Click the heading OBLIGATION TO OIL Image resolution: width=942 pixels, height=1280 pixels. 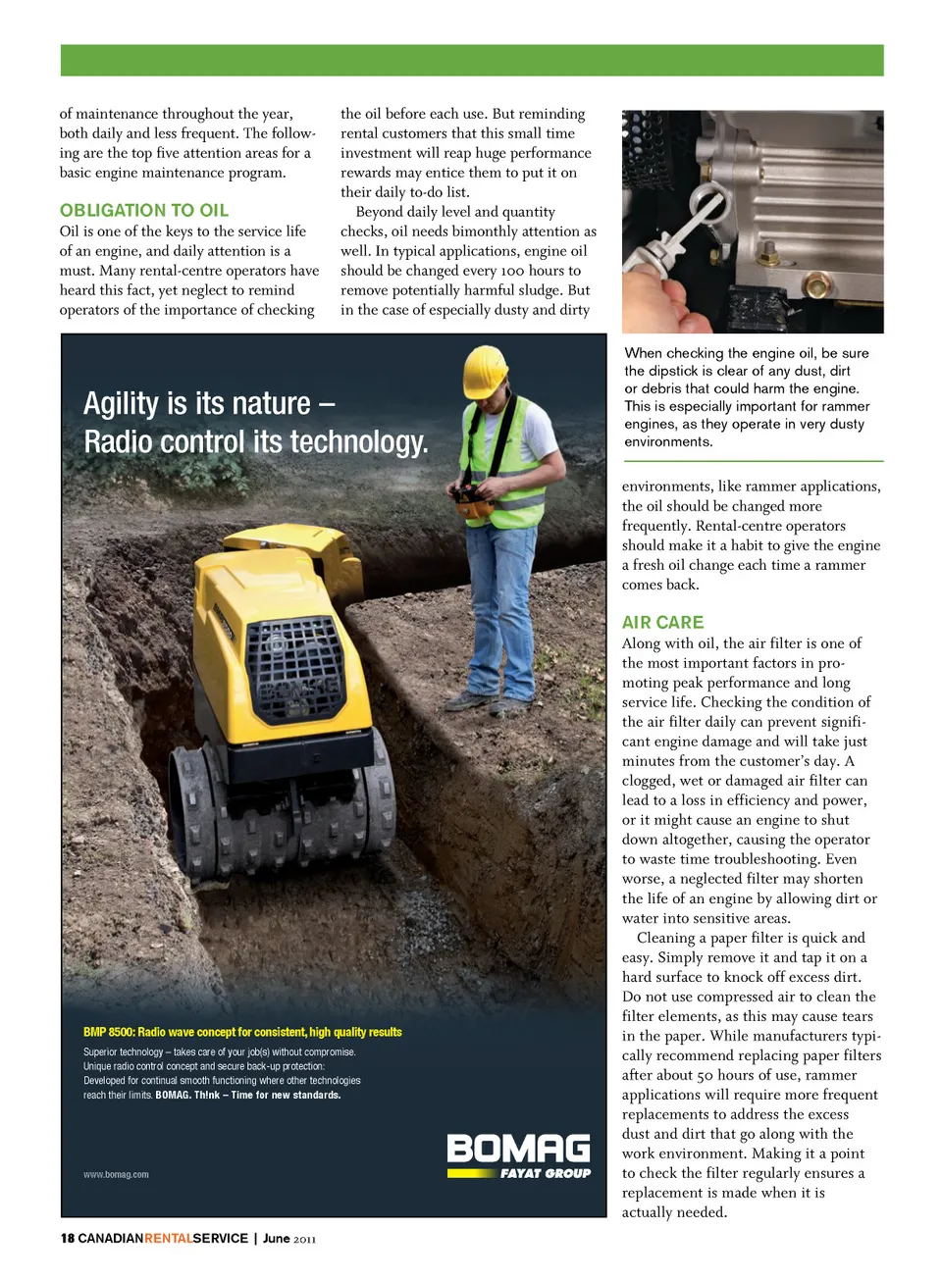pos(144,210)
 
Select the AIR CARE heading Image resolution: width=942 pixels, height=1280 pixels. pos(662,622)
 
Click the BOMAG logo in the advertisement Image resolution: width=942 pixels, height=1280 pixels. pos(518,1149)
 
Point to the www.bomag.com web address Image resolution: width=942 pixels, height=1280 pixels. pos(116,1174)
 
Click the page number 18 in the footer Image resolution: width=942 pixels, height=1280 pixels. pos(67,1238)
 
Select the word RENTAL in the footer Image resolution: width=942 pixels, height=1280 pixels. pos(168,1238)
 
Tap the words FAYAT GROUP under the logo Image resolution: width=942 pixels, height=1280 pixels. pos(545,1173)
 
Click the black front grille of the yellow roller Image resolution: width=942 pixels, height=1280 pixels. pos(294,668)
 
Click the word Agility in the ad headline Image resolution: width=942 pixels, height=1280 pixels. pos(121,403)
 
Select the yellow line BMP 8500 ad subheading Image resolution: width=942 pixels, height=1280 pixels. pos(242,1032)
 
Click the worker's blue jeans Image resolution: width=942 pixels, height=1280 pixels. pos(500,608)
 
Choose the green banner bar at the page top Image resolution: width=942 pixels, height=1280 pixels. pos(471,60)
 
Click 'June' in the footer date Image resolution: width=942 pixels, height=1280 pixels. pos(276,1238)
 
